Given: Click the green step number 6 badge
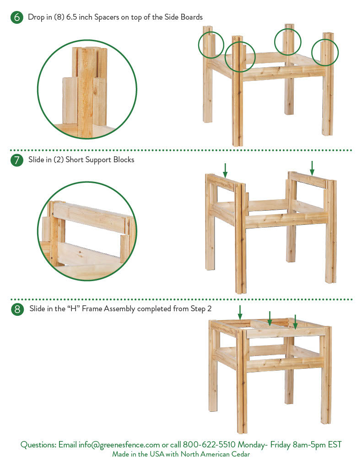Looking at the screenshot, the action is [17, 17].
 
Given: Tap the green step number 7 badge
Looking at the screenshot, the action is [17, 160].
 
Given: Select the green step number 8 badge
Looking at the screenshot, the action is [17, 309].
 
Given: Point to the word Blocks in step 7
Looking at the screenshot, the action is [124, 160].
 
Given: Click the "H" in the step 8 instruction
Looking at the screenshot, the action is [73, 308].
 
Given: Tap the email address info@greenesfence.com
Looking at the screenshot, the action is [119, 445].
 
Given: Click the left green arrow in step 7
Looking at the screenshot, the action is [225, 170].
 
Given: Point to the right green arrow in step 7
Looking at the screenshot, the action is [312, 168].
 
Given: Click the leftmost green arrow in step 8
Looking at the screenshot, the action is [240, 313].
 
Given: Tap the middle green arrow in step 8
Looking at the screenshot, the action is [270, 319].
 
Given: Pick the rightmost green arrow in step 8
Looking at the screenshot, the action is [295, 322].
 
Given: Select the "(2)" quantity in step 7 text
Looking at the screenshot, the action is [59, 160].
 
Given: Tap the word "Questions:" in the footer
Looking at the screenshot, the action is [38, 445].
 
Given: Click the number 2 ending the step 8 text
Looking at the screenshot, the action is [209, 308].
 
